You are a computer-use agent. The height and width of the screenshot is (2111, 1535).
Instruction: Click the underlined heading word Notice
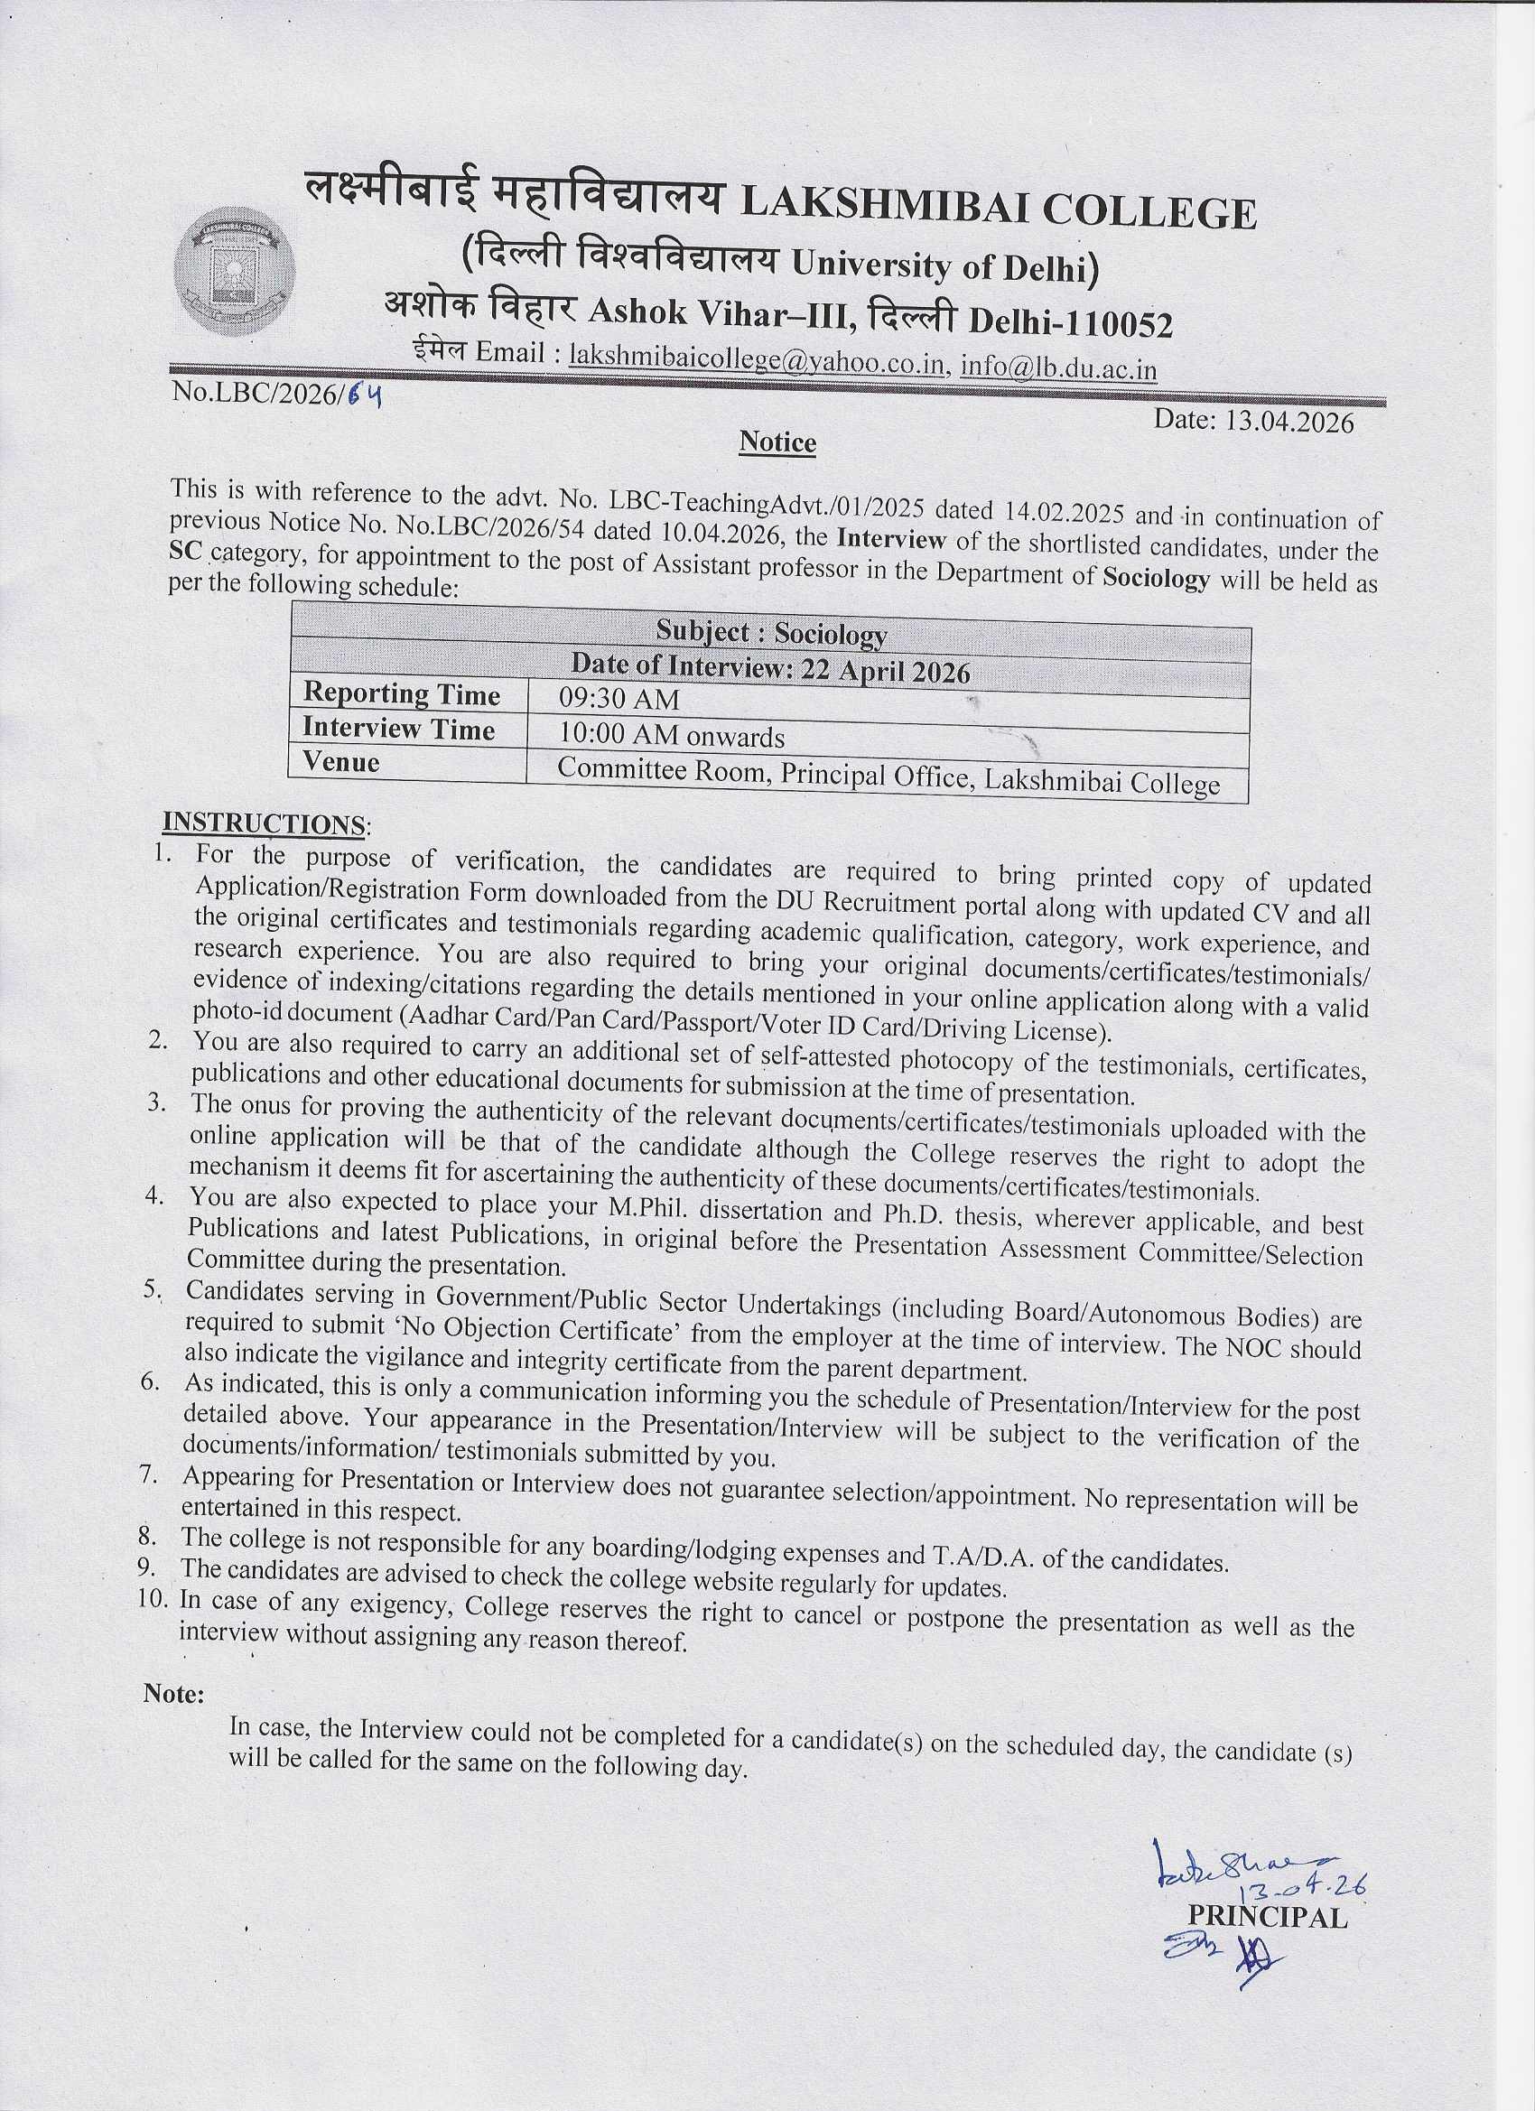click(x=777, y=442)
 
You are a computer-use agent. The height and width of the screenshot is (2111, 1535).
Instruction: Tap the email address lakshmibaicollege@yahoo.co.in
click(x=758, y=358)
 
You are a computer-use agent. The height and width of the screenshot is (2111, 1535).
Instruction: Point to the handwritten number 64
click(x=365, y=395)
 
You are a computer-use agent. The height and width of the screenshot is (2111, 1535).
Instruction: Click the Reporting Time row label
click(x=401, y=694)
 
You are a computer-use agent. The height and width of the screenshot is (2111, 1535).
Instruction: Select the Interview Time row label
click(x=398, y=729)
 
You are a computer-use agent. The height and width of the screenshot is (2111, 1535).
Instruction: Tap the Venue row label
click(x=341, y=762)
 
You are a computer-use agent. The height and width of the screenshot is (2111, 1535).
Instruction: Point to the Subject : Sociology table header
click(x=771, y=634)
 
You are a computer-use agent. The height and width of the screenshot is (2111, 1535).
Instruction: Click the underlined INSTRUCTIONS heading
click(x=264, y=823)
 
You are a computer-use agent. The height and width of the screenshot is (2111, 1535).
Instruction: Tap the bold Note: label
click(x=173, y=1694)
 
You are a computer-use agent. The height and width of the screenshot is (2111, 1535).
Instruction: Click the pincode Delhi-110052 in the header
click(x=1071, y=322)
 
